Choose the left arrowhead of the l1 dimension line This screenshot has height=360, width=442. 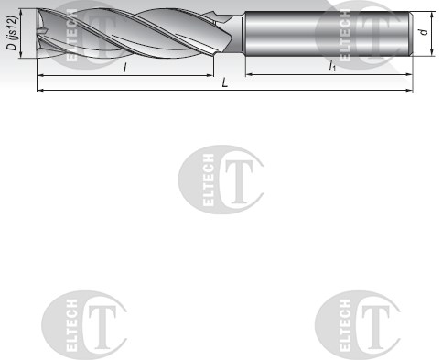click(246, 75)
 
